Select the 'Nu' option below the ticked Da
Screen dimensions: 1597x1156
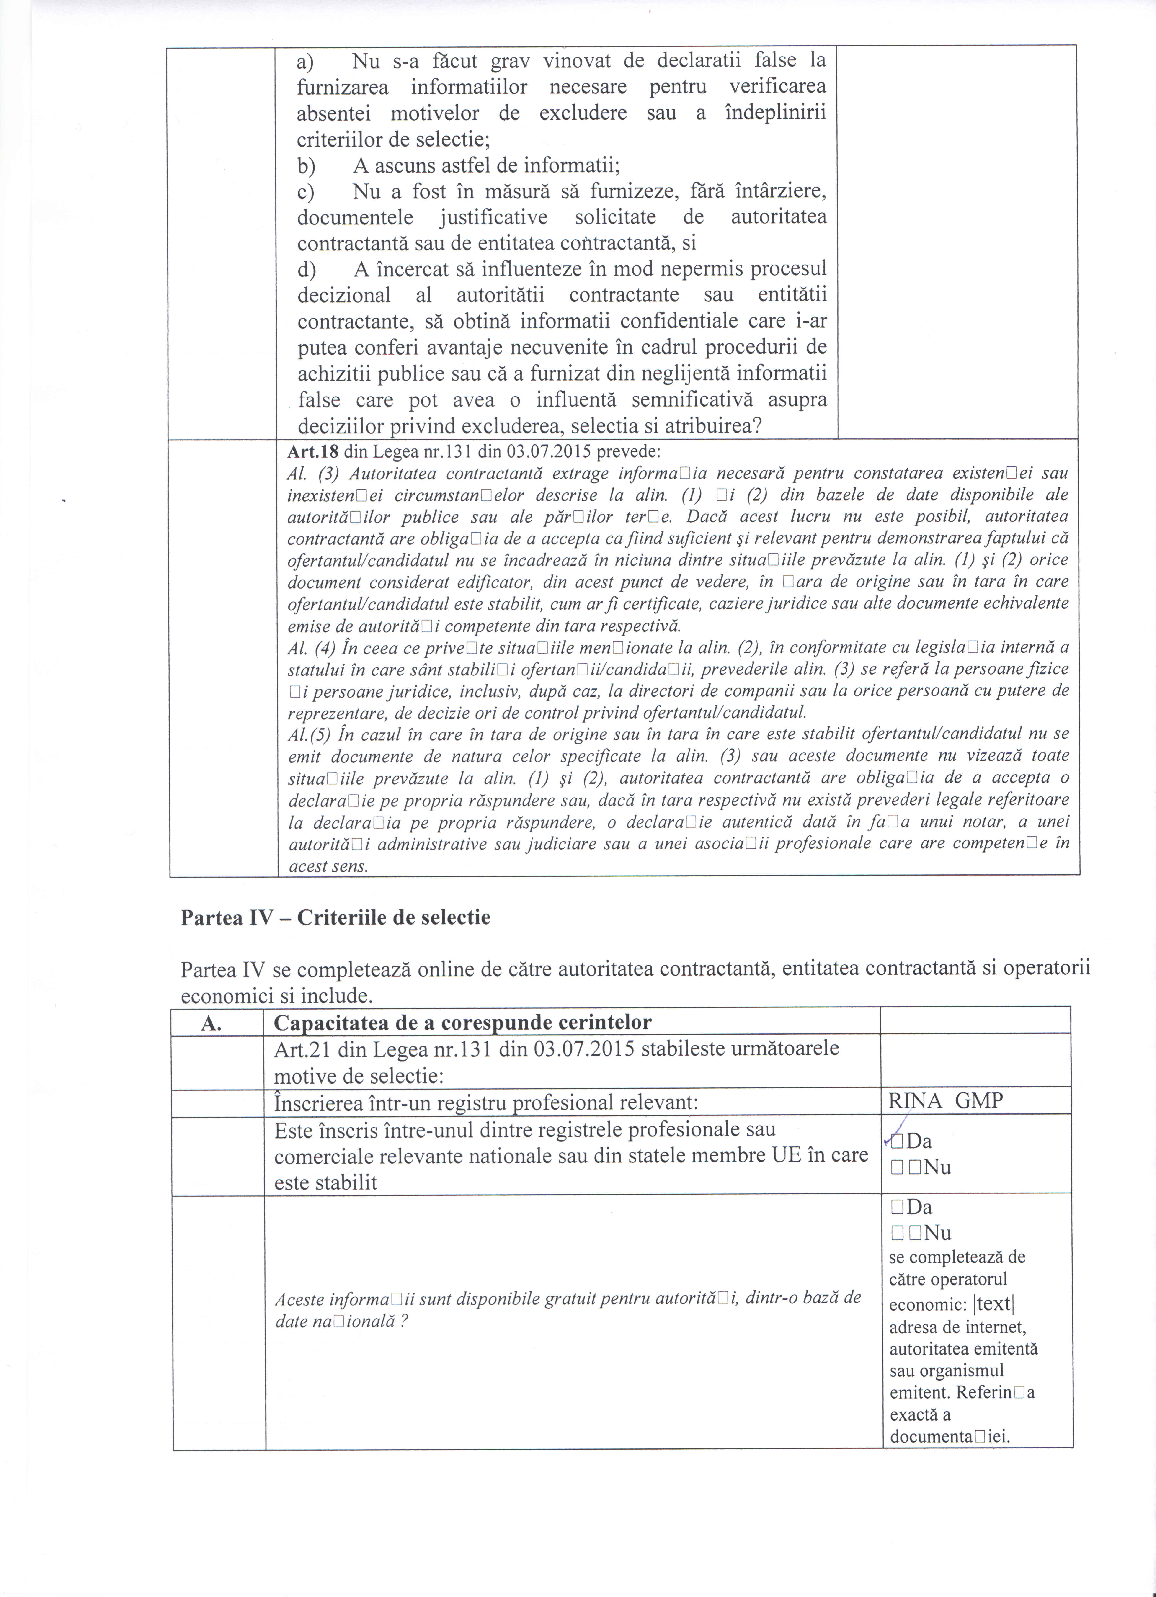point(937,1167)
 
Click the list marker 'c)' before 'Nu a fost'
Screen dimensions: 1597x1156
point(306,191)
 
